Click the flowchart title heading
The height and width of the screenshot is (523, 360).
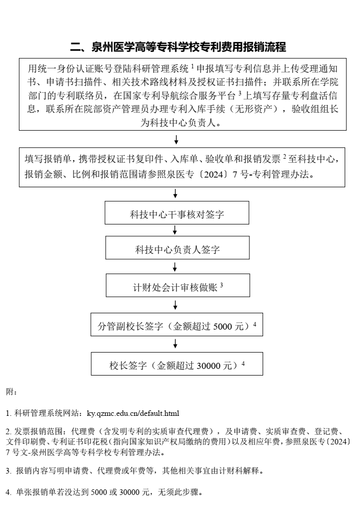tap(178, 47)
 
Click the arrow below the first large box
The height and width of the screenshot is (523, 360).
tap(176, 139)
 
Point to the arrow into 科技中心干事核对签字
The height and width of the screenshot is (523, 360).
tap(175, 193)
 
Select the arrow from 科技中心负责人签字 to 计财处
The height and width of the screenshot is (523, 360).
tap(175, 267)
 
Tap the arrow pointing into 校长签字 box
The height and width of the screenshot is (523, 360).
tap(175, 344)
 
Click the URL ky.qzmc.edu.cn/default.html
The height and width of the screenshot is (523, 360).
tap(133, 413)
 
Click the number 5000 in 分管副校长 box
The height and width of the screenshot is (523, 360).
tap(223, 326)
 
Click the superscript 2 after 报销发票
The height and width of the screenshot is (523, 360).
tap(285, 156)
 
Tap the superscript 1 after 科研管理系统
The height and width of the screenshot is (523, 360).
tap(192, 66)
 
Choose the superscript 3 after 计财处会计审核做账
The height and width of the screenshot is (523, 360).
tap(221, 285)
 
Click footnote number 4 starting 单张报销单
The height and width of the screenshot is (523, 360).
tap(8, 492)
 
